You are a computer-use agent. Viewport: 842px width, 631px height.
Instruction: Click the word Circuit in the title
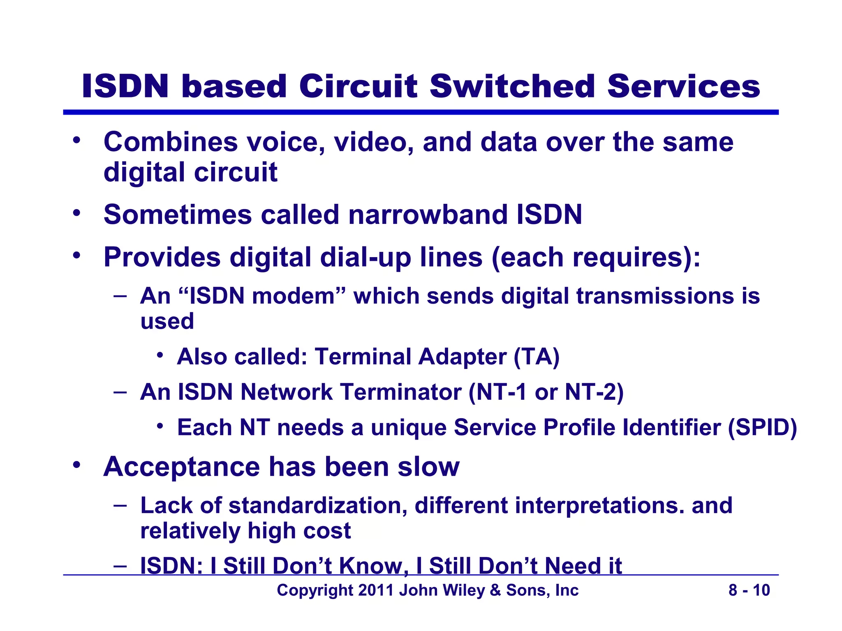[358, 87]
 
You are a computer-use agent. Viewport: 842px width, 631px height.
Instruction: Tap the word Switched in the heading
[512, 87]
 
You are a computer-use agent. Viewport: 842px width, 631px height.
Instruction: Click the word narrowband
[428, 214]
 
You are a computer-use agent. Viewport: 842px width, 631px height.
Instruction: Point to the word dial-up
[365, 258]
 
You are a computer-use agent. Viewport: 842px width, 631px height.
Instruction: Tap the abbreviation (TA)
[537, 357]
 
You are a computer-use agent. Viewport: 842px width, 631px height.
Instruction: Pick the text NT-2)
[594, 392]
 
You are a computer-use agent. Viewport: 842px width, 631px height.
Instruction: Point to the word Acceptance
[181, 467]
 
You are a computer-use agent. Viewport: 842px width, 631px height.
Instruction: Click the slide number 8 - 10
[749, 590]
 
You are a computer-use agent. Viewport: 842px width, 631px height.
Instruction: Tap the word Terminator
[401, 392]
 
